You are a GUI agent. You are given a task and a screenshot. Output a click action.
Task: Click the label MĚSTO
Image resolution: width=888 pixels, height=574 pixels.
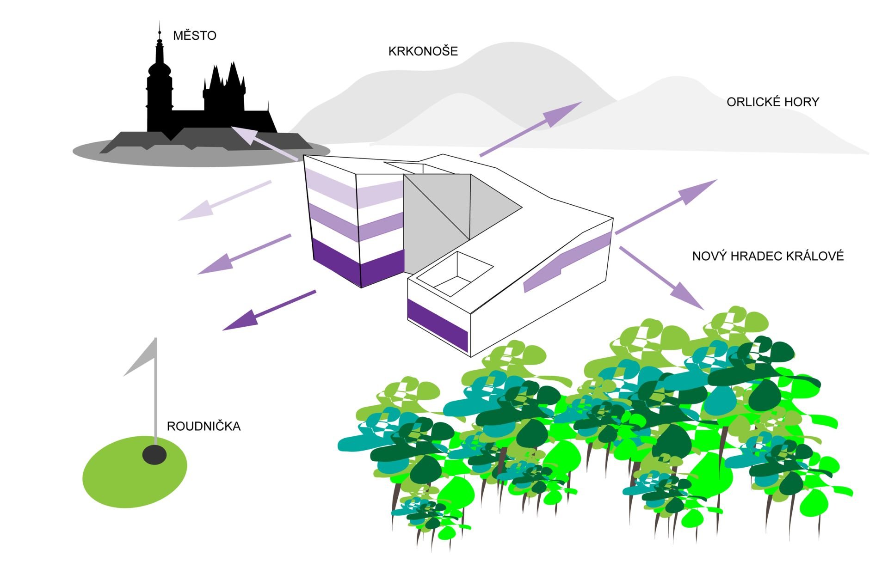pyautogui.click(x=194, y=36)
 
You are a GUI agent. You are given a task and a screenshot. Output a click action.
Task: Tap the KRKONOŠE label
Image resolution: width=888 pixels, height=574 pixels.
pyautogui.click(x=423, y=51)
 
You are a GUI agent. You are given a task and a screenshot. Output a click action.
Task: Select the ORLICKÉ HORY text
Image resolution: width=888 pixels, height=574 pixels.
pyautogui.click(x=772, y=102)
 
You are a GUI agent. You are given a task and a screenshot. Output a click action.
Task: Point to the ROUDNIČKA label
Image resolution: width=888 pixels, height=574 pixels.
pyautogui.click(x=203, y=426)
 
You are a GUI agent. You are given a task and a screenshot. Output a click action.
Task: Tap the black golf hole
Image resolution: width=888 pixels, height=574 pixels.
pyautogui.click(x=154, y=455)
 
